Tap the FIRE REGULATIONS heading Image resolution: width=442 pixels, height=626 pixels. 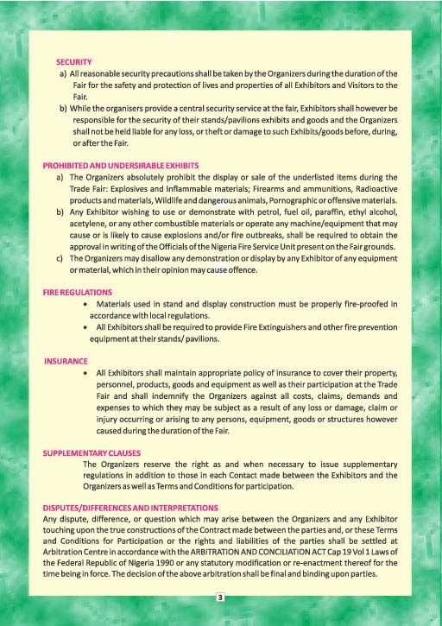point(78,293)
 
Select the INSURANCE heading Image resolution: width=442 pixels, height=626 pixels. point(66,360)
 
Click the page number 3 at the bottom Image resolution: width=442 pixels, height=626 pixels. point(221,597)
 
